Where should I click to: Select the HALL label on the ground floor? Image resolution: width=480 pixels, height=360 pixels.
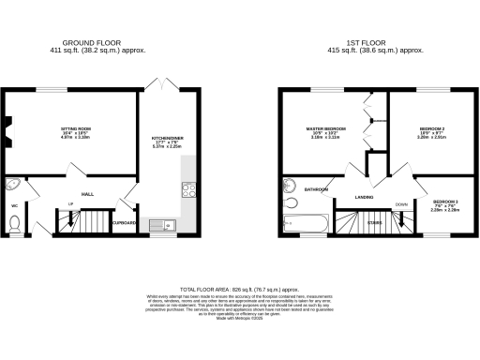pos(86,194)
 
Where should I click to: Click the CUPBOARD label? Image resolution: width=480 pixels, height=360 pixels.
pos(125,223)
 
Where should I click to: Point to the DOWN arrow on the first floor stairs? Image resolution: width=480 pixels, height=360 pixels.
pos(401,205)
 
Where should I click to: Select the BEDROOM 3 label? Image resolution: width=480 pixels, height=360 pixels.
pos(444,202)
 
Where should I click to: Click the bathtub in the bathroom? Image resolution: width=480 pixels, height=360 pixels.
pos(302,223)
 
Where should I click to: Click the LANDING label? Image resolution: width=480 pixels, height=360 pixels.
pos(365,198)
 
